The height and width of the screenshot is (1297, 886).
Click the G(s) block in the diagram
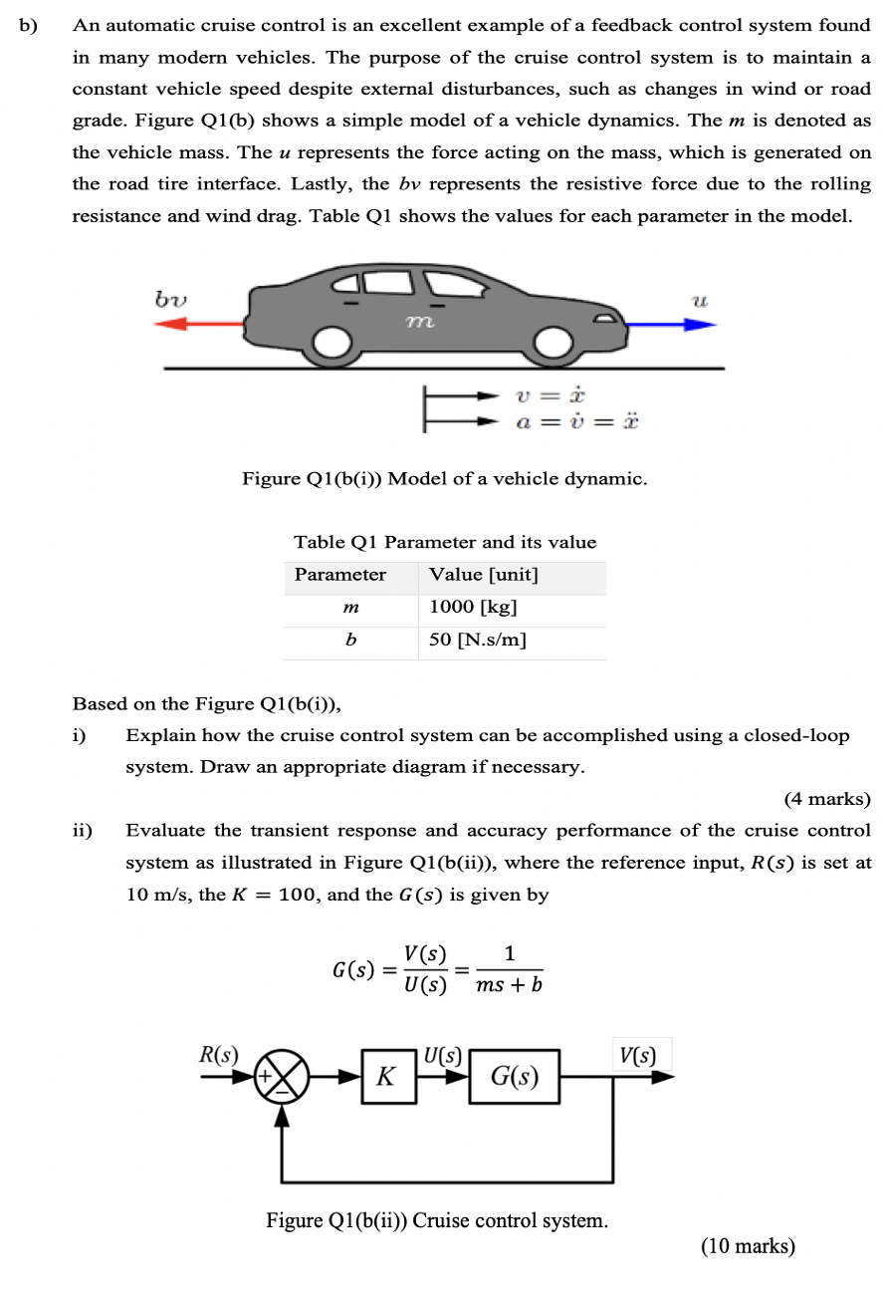pyautogui.click(x=515, y=1077)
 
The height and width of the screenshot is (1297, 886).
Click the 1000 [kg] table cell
pyautogui.click(x=473, y=607)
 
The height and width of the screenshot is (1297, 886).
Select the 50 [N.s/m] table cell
pyautogui.click(x=477, y=640)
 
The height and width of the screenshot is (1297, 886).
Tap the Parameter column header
pyautogui.click(x=340, y=575)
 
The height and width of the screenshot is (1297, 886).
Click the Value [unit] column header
pyautogui.click(x=483, y=575)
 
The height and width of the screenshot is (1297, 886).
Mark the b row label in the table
pyautogui.click(x=349, y=640)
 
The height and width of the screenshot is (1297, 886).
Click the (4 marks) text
pyautogui.click(x=826, y=799)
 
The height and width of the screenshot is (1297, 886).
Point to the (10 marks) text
pyautogui.click(x=748, y=1245)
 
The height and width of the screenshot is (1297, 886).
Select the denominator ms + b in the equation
pyautogui.click(x=510, y=986)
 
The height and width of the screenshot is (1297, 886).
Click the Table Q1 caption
pyautogui.click(x=444, y=542)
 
